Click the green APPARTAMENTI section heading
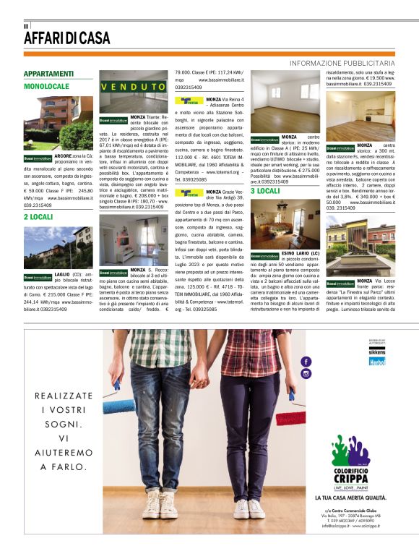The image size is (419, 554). pyautogui.click(x=48, y=74)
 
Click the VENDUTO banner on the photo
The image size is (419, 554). pyautogui.click(x=133, y=87)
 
